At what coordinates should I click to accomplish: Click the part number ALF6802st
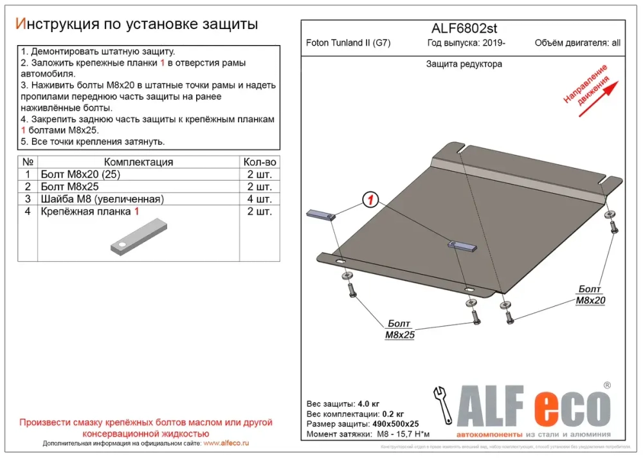pos(463,28)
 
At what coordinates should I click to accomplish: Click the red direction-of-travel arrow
pos(598,98)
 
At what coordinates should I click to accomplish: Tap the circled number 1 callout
pos(371,200)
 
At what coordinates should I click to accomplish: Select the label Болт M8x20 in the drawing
pos(590,295)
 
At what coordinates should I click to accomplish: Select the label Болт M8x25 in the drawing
pos(399,329)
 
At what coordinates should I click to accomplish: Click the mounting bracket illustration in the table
pos(137,237)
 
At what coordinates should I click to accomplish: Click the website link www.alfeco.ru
pos(226,444)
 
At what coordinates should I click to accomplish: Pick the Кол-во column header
pos(260,162)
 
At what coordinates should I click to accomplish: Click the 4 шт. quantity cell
pos(260,199)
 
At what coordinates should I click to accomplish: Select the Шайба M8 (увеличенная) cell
pos(102,199)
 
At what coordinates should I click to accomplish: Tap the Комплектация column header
pos(138,162)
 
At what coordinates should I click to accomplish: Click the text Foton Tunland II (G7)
pos(348,44)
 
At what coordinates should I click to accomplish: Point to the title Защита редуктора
pos(464,64)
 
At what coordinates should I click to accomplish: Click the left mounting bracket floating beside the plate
pos(320,215)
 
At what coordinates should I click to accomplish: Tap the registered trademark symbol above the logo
pos(606,385)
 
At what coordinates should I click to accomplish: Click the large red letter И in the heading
pos(21,24)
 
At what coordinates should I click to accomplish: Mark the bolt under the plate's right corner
pos(613,226)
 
